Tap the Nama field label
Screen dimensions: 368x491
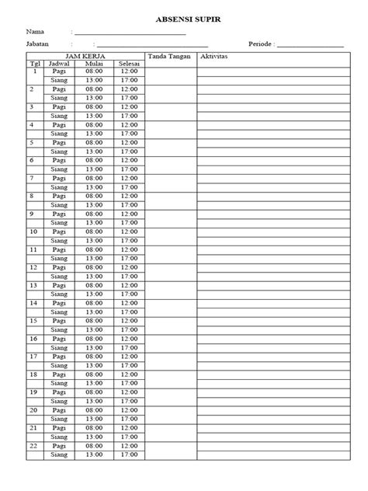[x=34, y=31]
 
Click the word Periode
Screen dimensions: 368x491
[x=260, y=44]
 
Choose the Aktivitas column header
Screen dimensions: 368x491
[x=214, y=56]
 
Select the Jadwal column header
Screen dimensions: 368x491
[x=59, y=63]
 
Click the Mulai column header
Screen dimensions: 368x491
[x=94, y=63]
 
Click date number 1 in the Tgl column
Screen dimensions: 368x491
[x=33, y=71]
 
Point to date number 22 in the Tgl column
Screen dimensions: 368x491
[x=33, y=447]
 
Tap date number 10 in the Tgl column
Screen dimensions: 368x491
[x=33, y=232]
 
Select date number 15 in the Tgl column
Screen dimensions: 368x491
[x=33, y=321]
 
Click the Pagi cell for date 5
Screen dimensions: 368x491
[x=59, y=142]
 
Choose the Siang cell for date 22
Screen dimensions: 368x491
[x=59, y=455]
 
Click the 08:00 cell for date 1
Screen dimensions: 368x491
[x=94, y=71]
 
